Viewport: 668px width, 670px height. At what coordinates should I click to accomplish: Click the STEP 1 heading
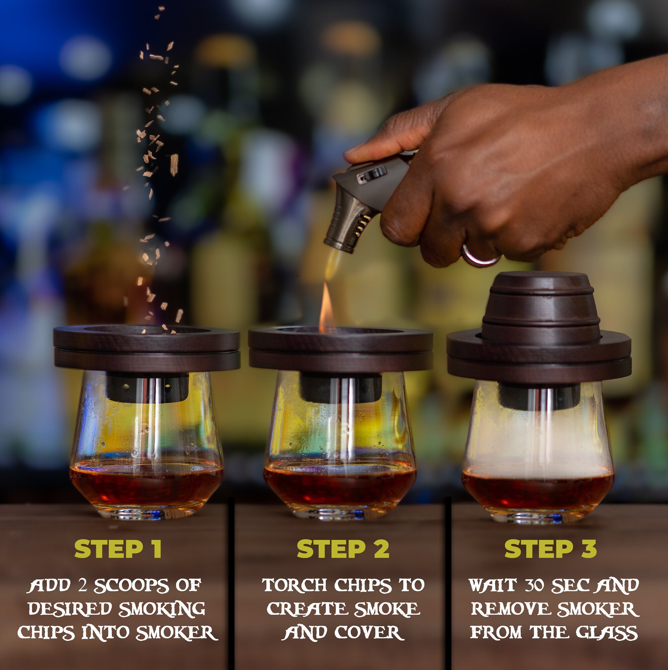coord(118,549)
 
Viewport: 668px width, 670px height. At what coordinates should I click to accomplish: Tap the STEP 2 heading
coord(343,549)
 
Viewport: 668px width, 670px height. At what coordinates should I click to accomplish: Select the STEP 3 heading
coord(550,549)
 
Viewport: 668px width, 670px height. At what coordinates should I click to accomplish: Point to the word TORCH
coord(294,585)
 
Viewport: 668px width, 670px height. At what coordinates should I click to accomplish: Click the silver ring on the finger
coord(480,256)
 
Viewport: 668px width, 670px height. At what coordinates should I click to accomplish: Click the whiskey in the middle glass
coord(340,485)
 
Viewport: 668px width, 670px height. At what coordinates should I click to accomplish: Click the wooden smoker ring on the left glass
coord(147,348)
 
